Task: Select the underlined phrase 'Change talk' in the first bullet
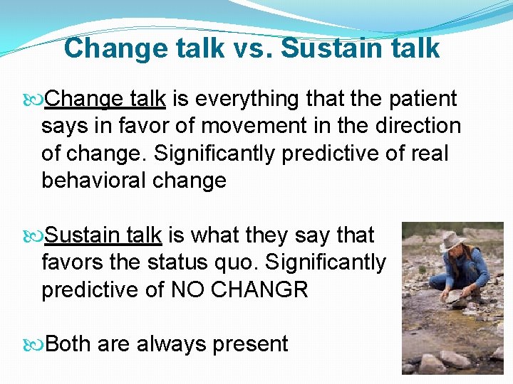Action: [105, 100]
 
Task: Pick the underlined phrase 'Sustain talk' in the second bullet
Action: [104, 235]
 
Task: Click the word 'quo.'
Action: [239, 262]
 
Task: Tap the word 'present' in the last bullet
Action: [249, 344]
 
